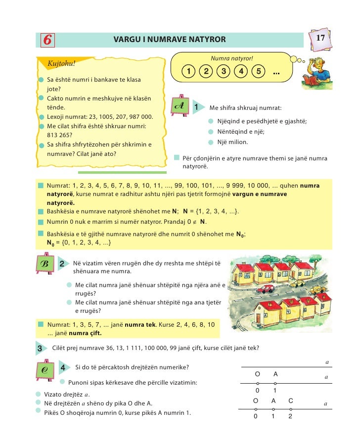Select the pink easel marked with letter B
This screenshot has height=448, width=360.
45,265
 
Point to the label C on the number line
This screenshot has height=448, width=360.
291,400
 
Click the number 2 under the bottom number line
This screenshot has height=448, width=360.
290,417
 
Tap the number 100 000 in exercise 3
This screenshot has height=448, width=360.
172,348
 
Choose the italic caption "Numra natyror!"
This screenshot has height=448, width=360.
231,59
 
